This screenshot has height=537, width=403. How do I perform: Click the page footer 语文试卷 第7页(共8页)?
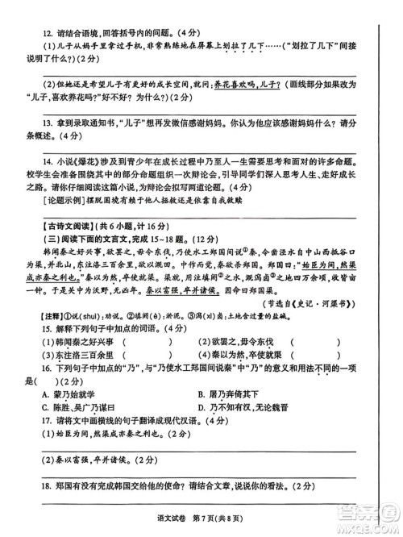tap(202, 526)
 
